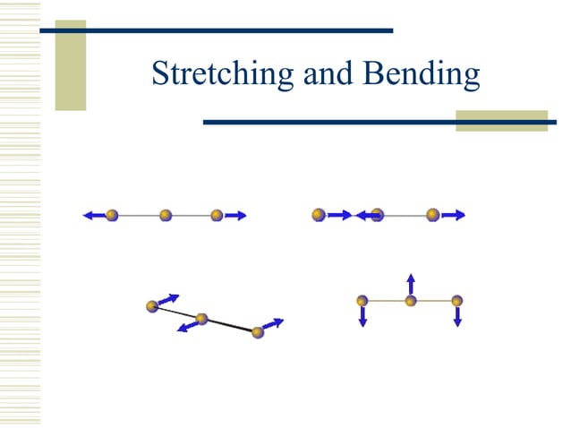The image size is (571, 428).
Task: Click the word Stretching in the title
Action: [224, 74]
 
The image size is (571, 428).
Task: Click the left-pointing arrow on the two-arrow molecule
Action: [93, 215]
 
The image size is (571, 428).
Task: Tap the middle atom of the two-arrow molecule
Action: [166, 215]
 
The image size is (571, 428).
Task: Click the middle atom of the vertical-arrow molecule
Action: [410, 301]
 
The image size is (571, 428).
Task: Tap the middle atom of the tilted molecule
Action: [201, 319]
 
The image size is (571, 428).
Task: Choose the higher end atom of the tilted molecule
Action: [152, 306]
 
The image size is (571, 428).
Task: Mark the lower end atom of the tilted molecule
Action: [258, 332]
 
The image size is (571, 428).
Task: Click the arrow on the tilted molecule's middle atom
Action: [188, 326]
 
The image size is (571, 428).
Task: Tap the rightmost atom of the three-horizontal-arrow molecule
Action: [433, 214]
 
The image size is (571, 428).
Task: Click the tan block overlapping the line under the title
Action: [500, 121]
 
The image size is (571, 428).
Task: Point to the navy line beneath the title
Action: [340, 122]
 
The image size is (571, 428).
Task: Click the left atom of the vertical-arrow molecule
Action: [362, 301]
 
